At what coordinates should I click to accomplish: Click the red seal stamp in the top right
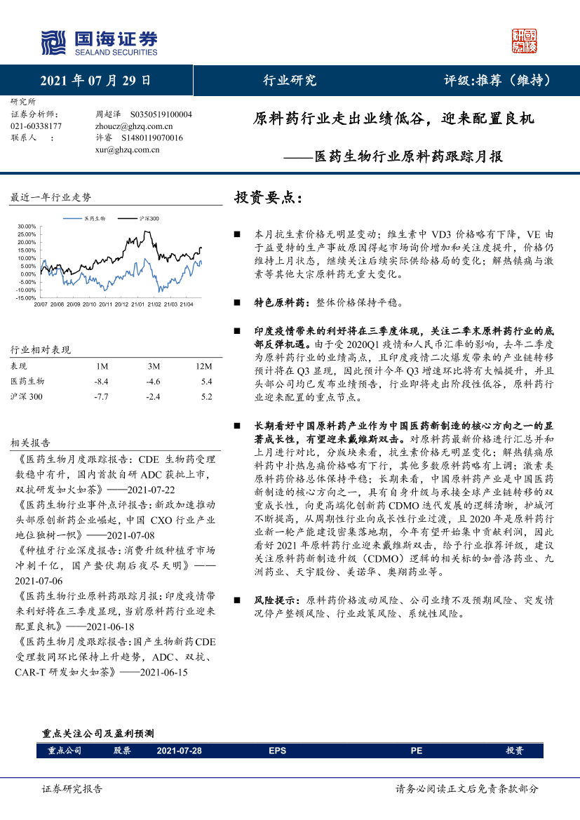click(524, 41)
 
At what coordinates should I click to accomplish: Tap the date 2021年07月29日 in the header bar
click(95, 80)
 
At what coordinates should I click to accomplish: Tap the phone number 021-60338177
click(36, 126)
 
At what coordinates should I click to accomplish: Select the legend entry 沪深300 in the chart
click(149, 219)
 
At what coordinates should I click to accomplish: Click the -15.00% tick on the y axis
click(25, 298)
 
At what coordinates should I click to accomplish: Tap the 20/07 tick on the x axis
click(40, 304)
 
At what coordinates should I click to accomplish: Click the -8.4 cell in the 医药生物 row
click(101, 382)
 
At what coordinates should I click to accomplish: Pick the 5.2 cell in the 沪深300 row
click(205, 397)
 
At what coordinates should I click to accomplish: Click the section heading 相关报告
click(30, 443)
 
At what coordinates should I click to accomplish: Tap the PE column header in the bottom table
click(416, 751)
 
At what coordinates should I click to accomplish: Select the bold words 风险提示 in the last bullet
click(278, 600)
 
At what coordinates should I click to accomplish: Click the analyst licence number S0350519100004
click(161, 114)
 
